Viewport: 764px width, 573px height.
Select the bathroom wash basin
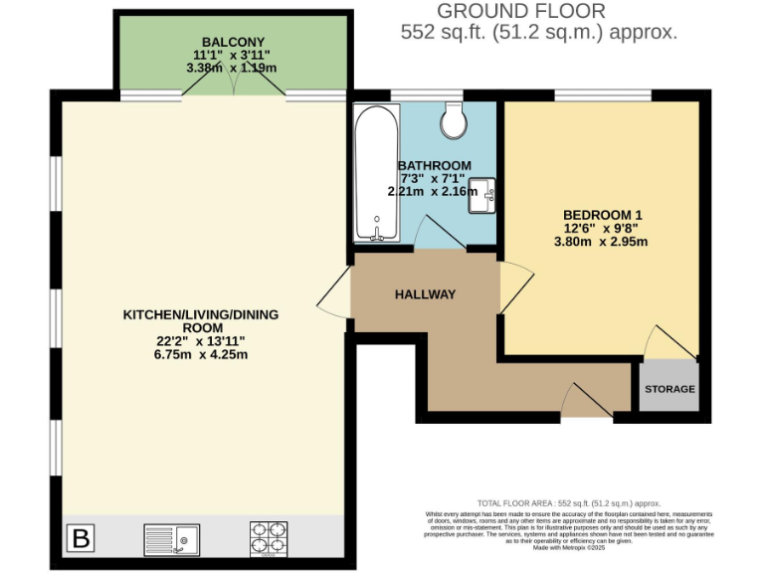point(484,192)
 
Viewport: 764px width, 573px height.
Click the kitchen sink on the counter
point(171,539)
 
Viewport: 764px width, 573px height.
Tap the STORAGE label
point(668,389)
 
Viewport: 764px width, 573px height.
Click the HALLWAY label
point(425,294)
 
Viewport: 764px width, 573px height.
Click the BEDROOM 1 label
point(603,213)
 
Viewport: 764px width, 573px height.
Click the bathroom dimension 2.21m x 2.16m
point(432,192)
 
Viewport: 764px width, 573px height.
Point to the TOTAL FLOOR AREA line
point(568,503)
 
